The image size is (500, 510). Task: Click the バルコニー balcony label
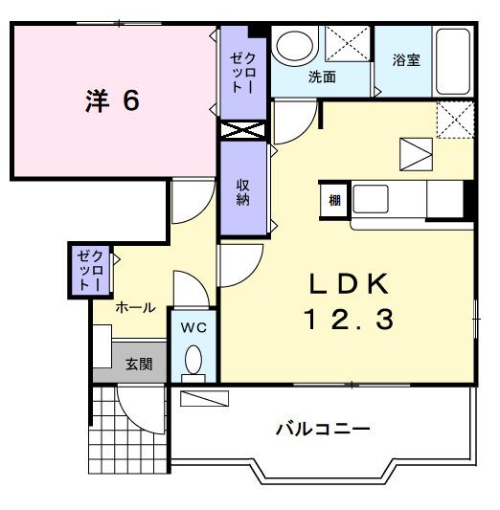point(324,428)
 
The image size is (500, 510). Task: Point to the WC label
point(194,327)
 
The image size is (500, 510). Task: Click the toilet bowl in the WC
point(194,362)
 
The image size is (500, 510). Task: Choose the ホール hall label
point(136,308)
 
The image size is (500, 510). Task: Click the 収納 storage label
point(244,192)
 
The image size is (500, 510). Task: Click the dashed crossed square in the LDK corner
point(454,120)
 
